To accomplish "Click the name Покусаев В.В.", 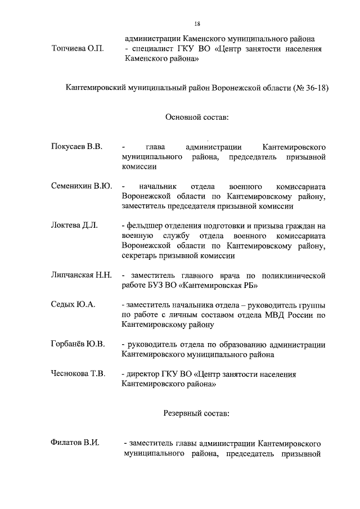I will tap(76, 147).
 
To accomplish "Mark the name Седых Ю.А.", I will tap(73, 304).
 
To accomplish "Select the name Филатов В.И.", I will tap(75, 443).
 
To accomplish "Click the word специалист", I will tap(153, 49).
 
